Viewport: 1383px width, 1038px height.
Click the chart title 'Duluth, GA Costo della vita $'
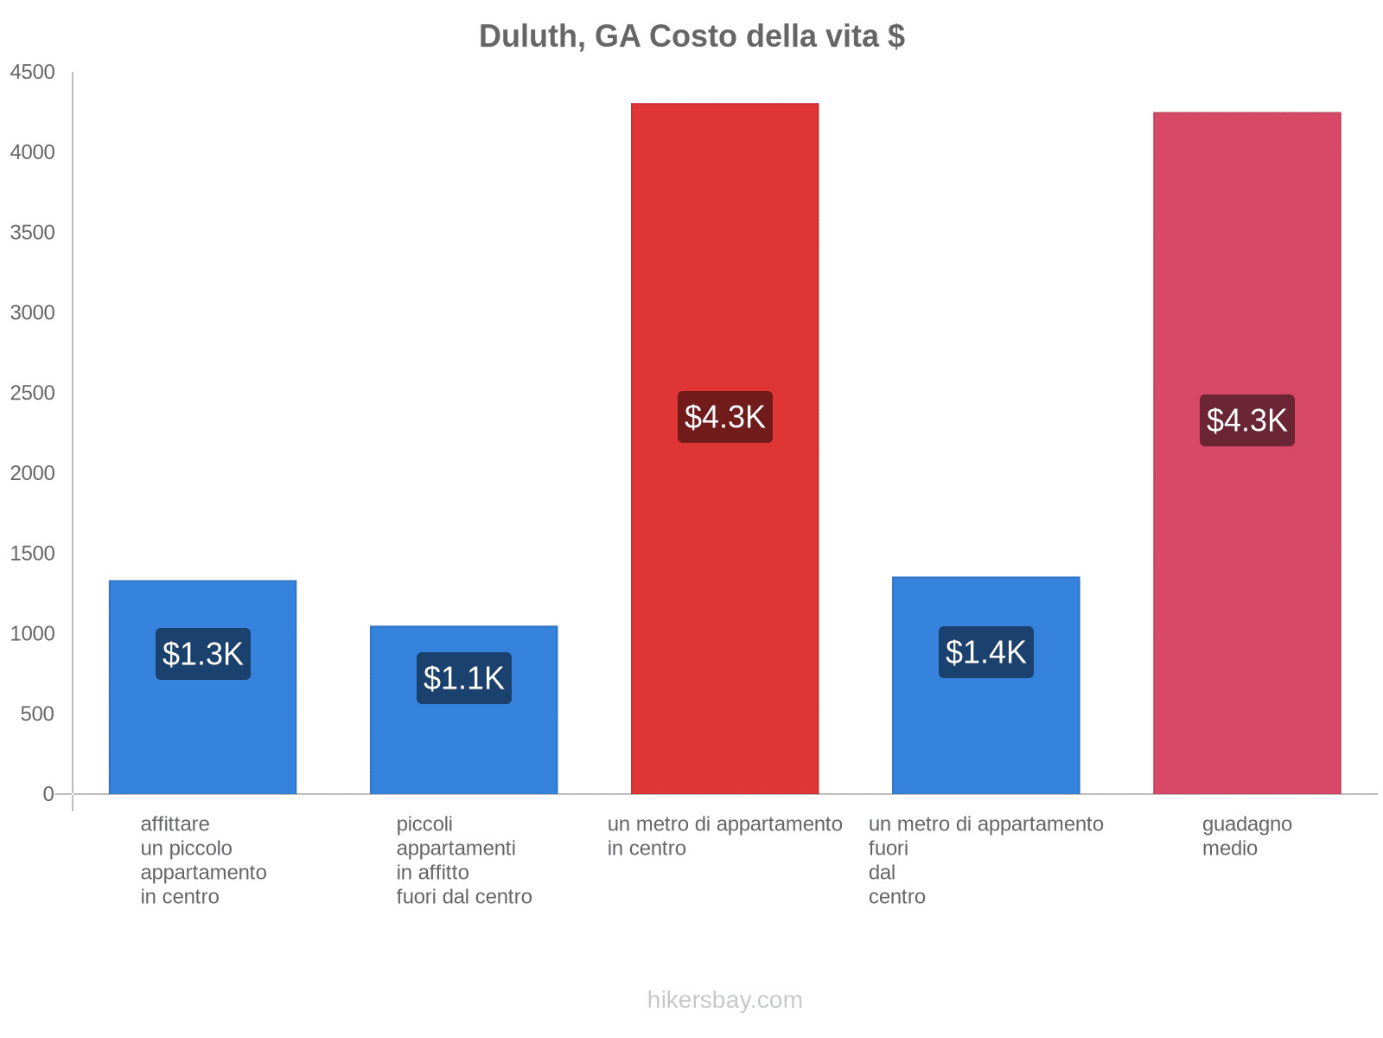pos(691,36)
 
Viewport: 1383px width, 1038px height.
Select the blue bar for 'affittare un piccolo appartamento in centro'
pos(202,735)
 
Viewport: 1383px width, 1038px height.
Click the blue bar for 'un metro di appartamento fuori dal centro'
pos(985,735)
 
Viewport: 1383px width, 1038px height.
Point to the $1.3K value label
pos(203,654)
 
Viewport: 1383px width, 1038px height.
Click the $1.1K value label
pos(464,678)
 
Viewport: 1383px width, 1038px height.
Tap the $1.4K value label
pos(986,652)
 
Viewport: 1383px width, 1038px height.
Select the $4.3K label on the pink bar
pos(1247,420)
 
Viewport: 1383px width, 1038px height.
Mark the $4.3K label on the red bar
pos(725,417)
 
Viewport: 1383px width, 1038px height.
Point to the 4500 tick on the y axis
pos(32,73)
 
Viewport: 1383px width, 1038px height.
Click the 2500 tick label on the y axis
pos(32,394)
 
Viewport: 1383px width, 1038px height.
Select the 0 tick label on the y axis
pos(48,794)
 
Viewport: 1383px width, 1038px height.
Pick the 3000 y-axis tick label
pos(32,313)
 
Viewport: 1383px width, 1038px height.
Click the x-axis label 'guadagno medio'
pos(1246,836)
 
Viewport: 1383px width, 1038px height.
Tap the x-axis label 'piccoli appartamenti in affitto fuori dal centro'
pos(464,861)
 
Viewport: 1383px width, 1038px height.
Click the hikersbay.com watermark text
pos(724,1000)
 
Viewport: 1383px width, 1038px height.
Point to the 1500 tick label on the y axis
pos(32,554)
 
